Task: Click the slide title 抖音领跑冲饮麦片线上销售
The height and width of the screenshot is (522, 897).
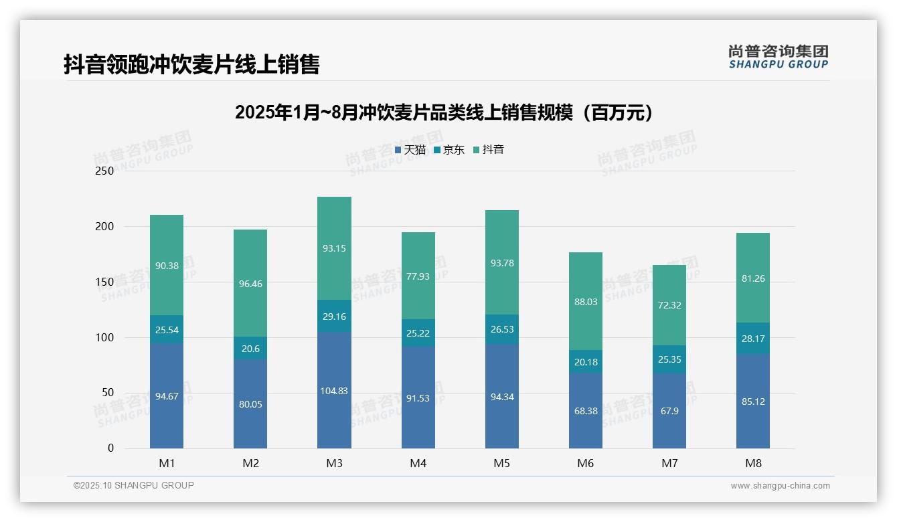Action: pos(191,64)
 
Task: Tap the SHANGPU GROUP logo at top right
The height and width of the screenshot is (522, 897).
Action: pos(778,57)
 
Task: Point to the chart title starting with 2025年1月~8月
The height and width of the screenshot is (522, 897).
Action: pos(444,112)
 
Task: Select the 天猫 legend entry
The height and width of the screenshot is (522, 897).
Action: pos(410,150)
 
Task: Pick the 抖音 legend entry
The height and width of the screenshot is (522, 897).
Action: pos(489,150)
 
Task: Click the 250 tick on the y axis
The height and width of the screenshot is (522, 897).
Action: pos(105,171)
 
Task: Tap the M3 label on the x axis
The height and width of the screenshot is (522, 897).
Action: pos(334,463)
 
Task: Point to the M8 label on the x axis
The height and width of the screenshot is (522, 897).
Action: pos(753,463)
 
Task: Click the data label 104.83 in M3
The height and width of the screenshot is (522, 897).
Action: pos(334,391)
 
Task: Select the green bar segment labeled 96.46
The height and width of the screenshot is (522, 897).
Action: pos(250,284)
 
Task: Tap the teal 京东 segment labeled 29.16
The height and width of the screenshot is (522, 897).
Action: pos(334,317)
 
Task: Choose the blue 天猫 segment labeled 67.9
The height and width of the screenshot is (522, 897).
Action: pos(669,411)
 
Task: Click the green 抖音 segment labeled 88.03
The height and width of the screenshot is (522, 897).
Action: pos(586,302)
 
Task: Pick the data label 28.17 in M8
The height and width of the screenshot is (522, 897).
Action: pos(753,339)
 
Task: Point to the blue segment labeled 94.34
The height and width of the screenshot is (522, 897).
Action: pos(502,397)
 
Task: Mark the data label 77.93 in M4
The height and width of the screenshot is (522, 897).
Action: pos(418,276)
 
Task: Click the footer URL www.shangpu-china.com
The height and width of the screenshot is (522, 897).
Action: pos(780,486)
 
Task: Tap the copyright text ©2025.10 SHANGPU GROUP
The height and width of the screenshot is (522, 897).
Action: pos(134,485)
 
